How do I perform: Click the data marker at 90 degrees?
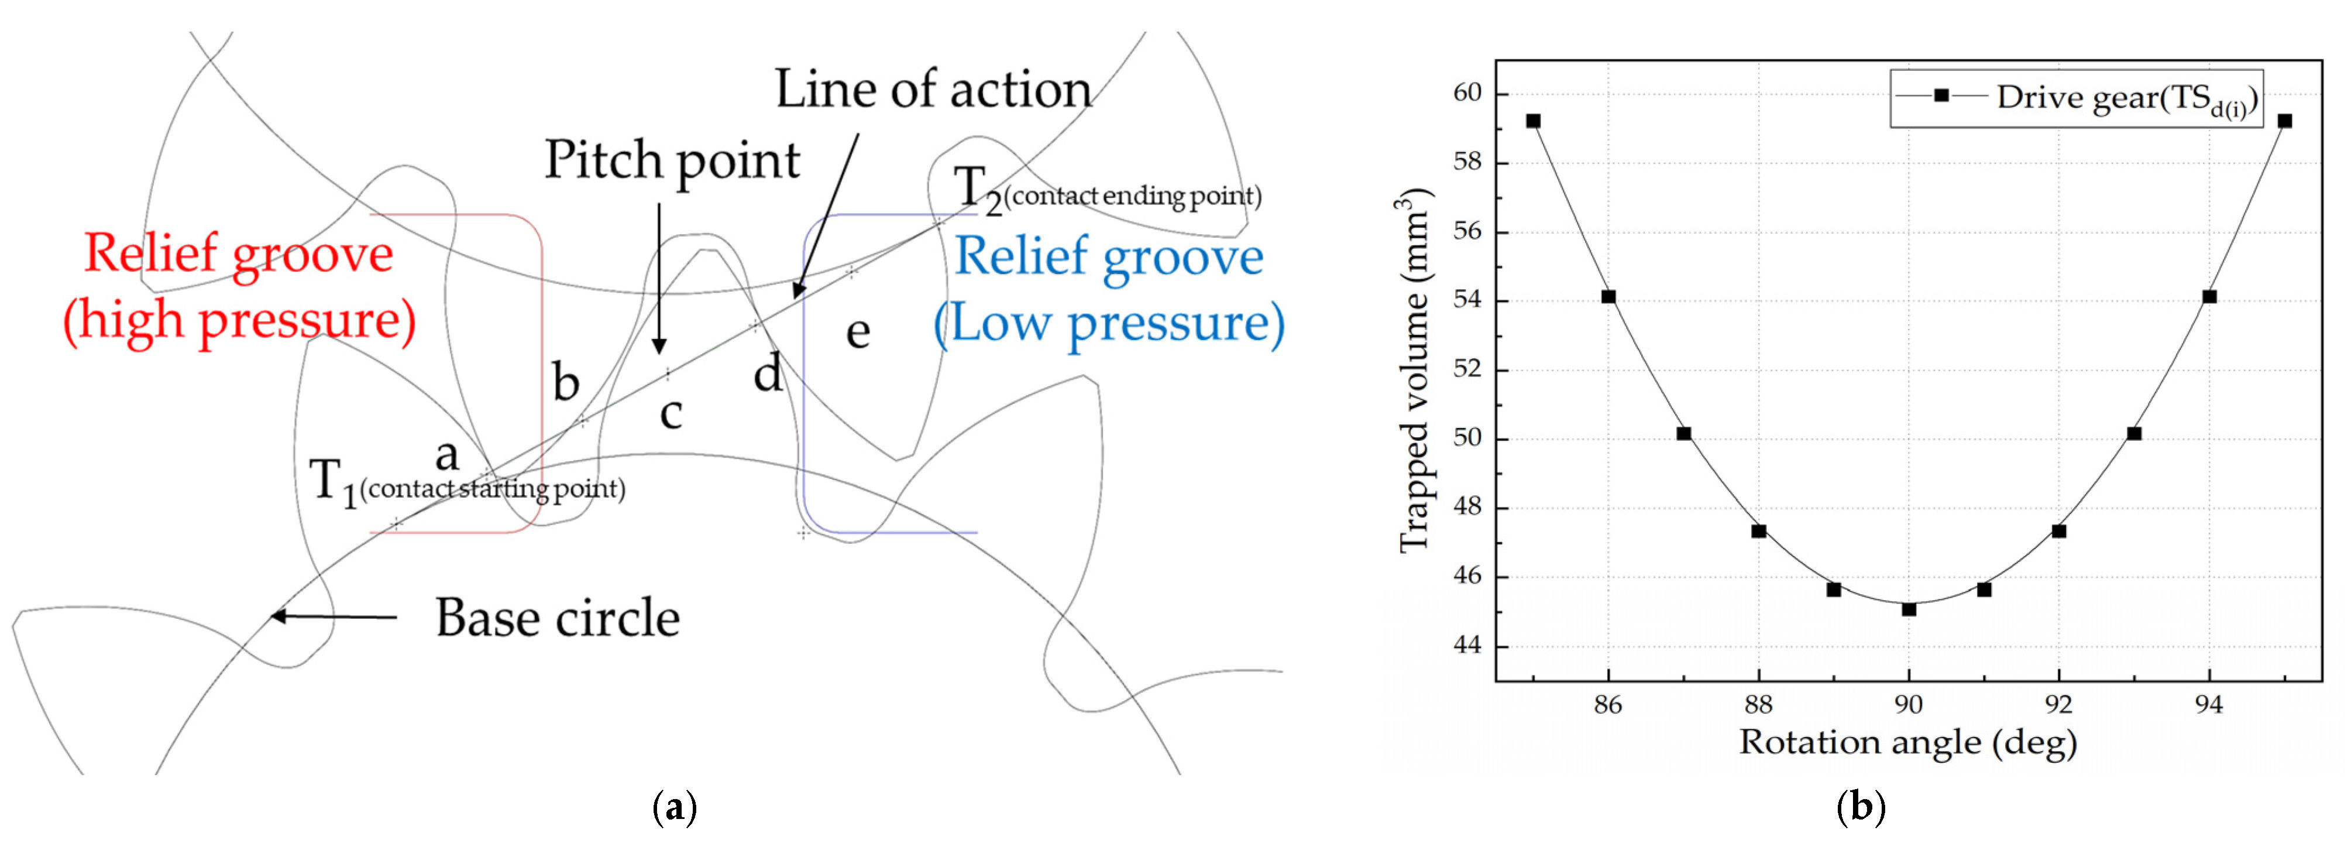(1909, 608)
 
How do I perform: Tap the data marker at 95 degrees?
(2284, 121)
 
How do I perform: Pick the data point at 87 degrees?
(1683, 433)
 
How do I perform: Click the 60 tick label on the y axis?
(1467, 93)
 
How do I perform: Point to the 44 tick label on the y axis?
(1467, 646)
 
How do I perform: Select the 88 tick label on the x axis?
(1758, 704)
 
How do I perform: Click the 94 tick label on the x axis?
(2209, 704)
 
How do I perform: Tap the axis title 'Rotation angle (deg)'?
(1908, 742)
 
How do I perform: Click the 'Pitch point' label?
(672, 160)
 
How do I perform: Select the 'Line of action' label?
(933, 90)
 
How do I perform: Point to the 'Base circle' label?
(558, 618)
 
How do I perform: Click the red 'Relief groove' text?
(239, 253)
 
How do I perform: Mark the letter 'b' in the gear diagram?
(566, 382)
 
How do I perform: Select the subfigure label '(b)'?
(1861, 808)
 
